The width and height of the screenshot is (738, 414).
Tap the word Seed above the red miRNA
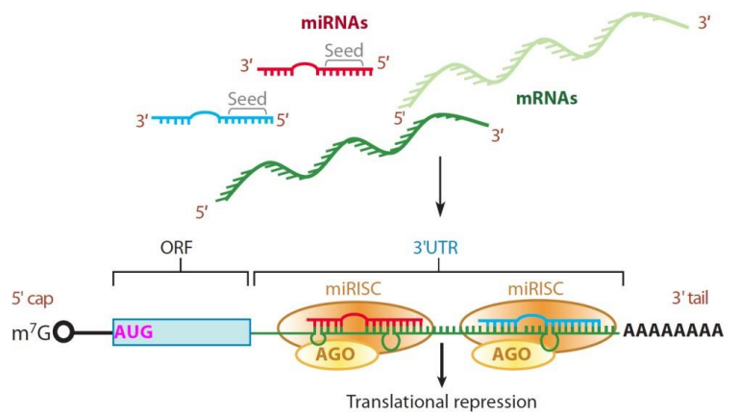pyautogui.click(x=344, y=50)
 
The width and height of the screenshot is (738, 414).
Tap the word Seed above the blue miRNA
pyautogui.click(x=247, y=99)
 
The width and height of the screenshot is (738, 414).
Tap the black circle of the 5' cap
pyautogui.click(x=65, y=332)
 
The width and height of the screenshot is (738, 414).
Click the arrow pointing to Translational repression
pyautogui.click(x=441, y=368)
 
